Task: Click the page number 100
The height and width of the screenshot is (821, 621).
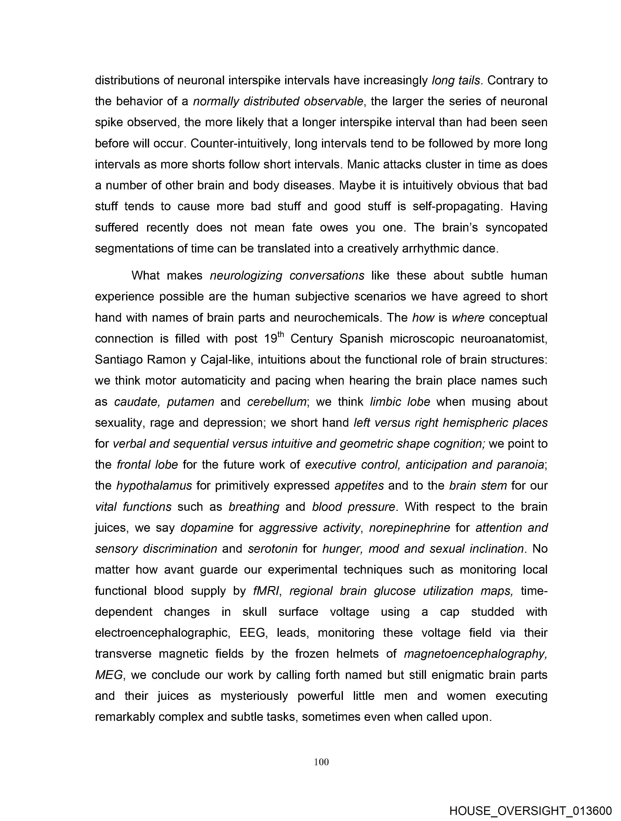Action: point(321,762)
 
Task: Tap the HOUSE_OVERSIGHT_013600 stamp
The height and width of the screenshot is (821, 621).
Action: point(530,811)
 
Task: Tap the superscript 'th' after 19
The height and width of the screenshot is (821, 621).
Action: point(281,334)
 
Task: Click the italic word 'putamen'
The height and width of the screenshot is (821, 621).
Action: point(190,402)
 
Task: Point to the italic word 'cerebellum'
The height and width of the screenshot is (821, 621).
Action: point(277,402)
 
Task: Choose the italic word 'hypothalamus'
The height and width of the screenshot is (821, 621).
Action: point(154,485)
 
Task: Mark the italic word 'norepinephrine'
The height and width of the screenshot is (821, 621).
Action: point(410,527)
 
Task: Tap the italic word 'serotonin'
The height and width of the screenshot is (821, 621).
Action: point(273,549)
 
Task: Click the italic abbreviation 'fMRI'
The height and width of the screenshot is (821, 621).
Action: point(266,590)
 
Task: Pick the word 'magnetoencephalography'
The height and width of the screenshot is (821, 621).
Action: point(475,654)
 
